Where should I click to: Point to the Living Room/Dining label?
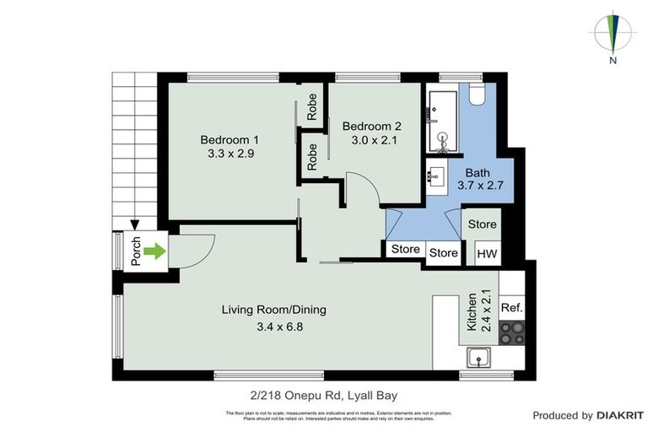point(273,310)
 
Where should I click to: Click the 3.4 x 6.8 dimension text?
point(273,327)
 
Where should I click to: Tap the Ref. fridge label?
point(512,308)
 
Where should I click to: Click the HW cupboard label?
point(487,253)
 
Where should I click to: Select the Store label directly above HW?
point(483,224)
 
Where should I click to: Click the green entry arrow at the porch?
point(153,251)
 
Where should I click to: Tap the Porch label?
point(135,251)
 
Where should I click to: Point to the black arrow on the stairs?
point(135,224)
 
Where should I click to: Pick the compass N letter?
point(614,61)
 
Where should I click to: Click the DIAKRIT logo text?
point(620,415)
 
